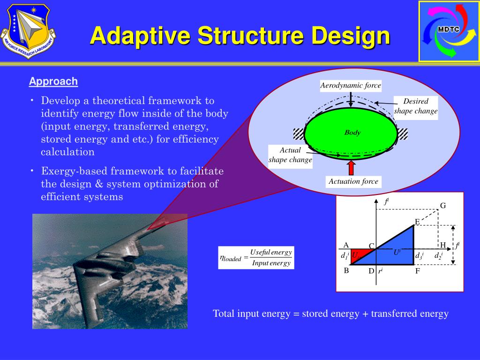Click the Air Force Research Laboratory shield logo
coord(28,30)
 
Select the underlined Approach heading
coord(53,82)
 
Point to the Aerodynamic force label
coord(351,86)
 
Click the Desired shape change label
coord(416,106)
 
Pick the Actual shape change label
coord(290,155)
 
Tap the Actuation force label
coord(353,181)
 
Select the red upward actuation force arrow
coord(351,167)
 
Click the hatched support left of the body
coord(299,134)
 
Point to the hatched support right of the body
coord(402,134)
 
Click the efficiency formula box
coord(256,257)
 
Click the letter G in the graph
coord(442,206)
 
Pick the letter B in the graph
coord(346,270)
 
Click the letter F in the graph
coord(417,271)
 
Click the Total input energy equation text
coord(330,314)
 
